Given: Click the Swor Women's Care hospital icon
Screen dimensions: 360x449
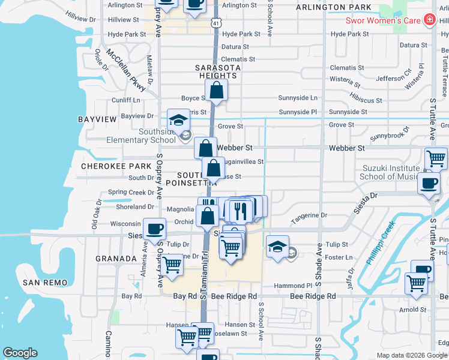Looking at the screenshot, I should [x=429, y=20].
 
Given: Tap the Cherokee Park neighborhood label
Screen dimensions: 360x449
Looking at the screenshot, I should [x=116, y=166].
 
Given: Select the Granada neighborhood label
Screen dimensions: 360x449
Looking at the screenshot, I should [x=116, y=259].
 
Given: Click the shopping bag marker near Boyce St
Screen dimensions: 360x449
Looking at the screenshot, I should [x=216, y=91].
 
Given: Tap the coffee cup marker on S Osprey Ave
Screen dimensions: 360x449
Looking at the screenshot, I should [x=155, y=229].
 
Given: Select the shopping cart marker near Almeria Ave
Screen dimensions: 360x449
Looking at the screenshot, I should [x=172, y=265].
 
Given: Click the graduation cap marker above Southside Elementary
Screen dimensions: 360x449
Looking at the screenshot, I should [x=178, y=120].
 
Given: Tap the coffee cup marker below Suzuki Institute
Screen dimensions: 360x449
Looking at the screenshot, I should [x=429, y=184].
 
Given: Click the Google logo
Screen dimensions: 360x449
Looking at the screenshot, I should [x=20, y=353].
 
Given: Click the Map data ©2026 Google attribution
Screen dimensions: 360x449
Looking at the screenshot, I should [x=411, y=355].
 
